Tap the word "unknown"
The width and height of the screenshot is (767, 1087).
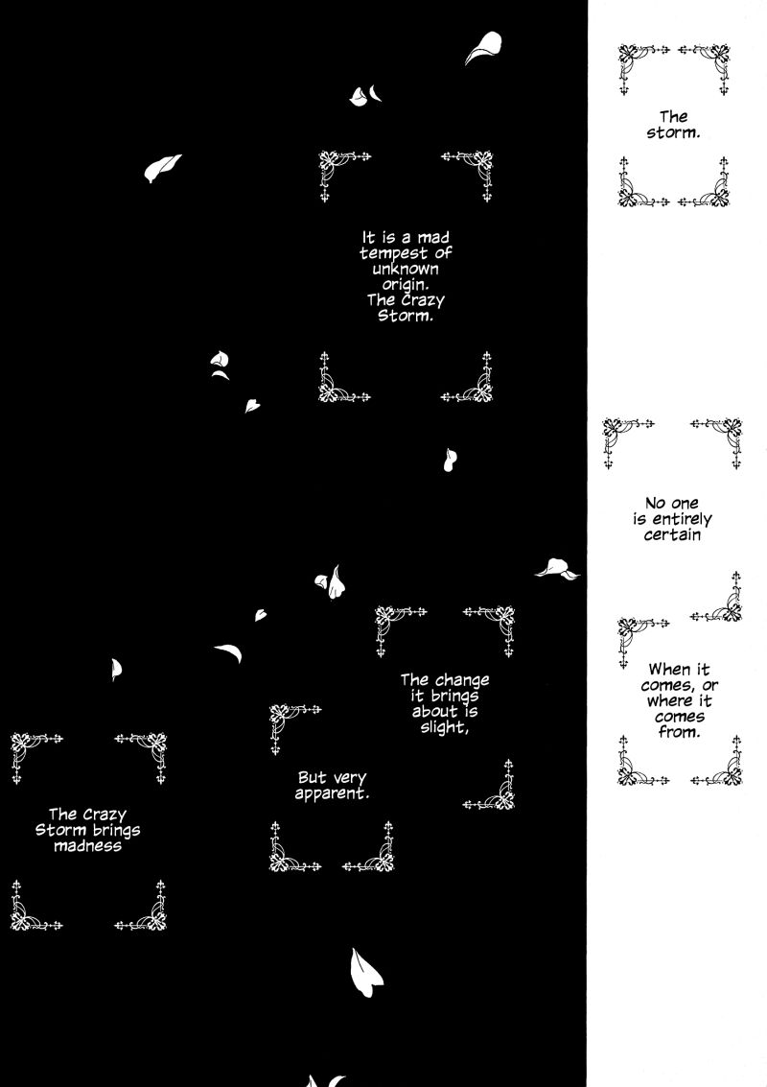pyautogui.click(x=406, y=269)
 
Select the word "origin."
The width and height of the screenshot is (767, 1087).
pyautogui.click(x=406, y=286)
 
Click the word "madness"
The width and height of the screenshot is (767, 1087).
pyautogui.click(x=88, y=846)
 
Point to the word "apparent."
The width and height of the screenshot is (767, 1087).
pyautogui.click(x=332, y=794)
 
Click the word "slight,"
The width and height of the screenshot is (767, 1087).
pyautogui.click(x=444, y=728)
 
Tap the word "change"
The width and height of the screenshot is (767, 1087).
pyautogui.click(x=463, y=681)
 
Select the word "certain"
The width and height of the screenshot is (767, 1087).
pyautogui.click(x=672, y=535)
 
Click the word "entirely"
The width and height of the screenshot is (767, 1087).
pyautogui.click(x=682, y=520)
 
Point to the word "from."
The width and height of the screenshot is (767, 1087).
pyautogui.click(x=679, y=733)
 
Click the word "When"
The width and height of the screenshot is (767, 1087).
pyautogui.click(x=668, y=670)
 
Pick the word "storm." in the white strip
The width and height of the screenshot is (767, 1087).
pyautogui.click(x=673, y=132)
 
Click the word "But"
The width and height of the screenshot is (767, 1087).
pyautogui.click(x=312, y=778)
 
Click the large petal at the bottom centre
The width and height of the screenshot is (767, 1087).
pyautogui.click(x=366, y=972)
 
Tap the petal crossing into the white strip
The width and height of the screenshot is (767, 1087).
pyautogui.click(x=557, y=569)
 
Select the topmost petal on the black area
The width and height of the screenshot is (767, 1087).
pyautogui.click(x=483, y=47)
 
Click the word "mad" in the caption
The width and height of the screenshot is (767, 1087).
pyautogui.click(x=433, y=238)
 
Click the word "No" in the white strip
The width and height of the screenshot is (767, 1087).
pyautogui.click(x=655, y=504)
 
